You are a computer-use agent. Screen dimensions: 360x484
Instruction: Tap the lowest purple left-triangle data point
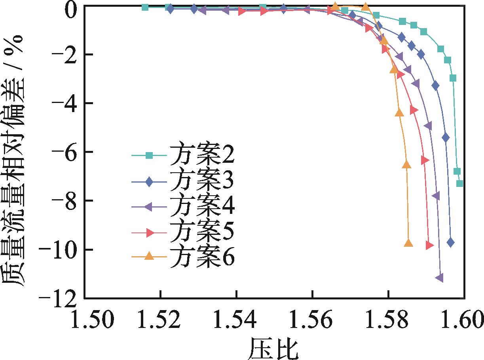439,278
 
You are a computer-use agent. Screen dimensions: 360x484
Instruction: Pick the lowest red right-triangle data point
430,246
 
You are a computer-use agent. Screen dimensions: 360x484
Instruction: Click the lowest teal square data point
459,183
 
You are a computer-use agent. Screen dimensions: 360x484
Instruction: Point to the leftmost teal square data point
145,7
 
